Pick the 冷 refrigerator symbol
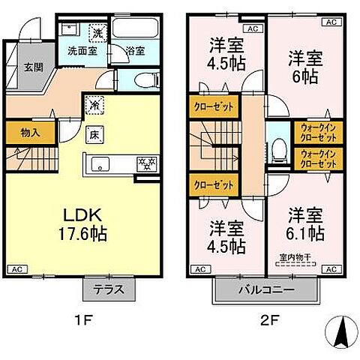click(x=93, y=106)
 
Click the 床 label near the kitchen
click(x=94, y=136)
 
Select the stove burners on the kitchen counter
click(x=144, y=162)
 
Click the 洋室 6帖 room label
click(x=304, y=66)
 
